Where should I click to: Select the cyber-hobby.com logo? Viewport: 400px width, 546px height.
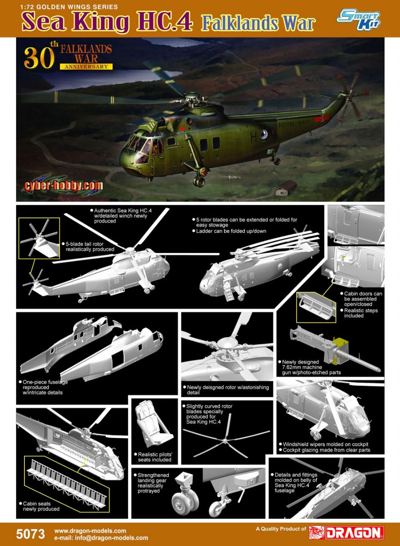pyautogui.click(x=63, y=186)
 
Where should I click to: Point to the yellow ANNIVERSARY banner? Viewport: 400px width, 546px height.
pyautogui.click(x=86, y=66)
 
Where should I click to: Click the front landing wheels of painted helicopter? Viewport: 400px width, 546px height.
pyautogui.click(x=199, y=181)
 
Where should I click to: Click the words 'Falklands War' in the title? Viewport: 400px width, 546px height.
pyautogui.click(x=259, y=24)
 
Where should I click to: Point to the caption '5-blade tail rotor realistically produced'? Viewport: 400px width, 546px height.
pyautogui.click(x=88, y=246)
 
